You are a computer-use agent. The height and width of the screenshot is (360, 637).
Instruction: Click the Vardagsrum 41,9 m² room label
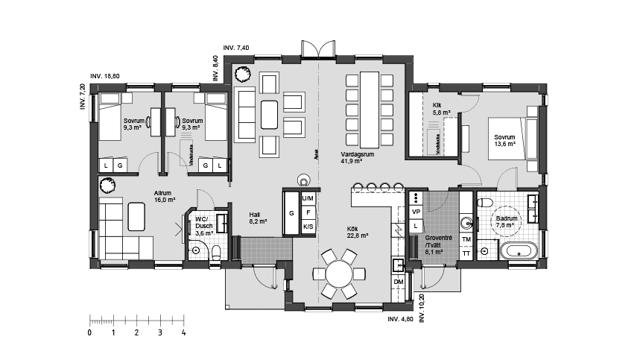pyautogui.click(x=352, y=157)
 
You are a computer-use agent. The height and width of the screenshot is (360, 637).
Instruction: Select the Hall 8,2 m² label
pyautogui.click(x=259, y=218)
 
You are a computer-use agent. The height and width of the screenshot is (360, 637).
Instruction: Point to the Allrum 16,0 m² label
pyautogui.click(x=165, y=196)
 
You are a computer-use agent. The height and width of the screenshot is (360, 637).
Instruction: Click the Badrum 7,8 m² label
pyautogui.click(x=507, y=221)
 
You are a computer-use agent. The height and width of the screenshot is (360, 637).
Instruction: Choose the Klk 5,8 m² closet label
pyautogui.click(x=443, y=109)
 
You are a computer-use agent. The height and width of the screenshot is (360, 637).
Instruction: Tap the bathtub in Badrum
pyautogui.click(x=518, y=250)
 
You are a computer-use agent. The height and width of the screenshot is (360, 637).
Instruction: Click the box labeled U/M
pyautogui.click(x=308, y=198)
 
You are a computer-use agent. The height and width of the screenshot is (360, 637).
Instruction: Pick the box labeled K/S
pyautogui.click(x=308, y=227)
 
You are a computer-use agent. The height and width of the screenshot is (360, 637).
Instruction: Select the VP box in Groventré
pyautogui.click(x=416, y=212)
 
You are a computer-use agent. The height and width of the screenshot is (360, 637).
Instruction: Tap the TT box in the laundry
pyautogui.click(x=466, y=253)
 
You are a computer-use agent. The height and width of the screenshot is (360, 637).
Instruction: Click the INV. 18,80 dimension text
pyautogui.click(x=105, y=76)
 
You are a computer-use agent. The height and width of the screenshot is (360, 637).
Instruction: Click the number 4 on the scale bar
pyautogui.click(x=183, y=332)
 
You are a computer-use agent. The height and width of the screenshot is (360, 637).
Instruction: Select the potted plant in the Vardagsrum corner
pyautogui.click(x=241, y=73)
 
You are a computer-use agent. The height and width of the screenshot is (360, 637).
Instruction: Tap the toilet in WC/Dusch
pyautogui.click(x=215, y=251)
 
